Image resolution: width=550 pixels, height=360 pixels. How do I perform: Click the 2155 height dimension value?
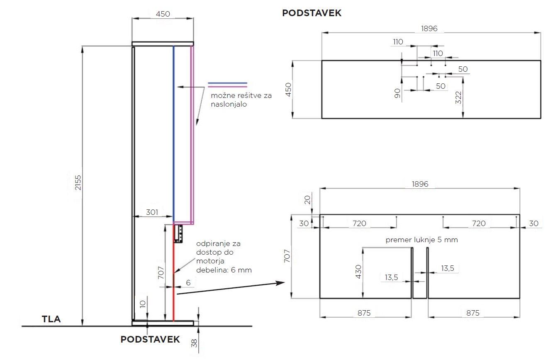coord(78,182)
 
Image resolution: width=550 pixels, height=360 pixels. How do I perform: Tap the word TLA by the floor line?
coord(51,319)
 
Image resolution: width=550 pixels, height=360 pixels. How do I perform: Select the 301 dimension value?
coord(152,212)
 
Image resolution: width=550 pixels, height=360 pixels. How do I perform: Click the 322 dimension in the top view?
coord(458,97)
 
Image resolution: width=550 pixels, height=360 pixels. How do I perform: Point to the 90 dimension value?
coord(397,93)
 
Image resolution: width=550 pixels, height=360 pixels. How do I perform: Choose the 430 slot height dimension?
coord(358,272)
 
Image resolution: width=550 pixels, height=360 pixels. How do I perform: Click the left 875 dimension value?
coord(364,313)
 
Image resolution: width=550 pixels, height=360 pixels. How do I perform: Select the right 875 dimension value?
coord(473,313)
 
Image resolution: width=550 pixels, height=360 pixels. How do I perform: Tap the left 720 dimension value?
coord(359,223)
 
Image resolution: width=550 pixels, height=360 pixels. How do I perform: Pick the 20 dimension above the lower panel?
coord(307,200)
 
